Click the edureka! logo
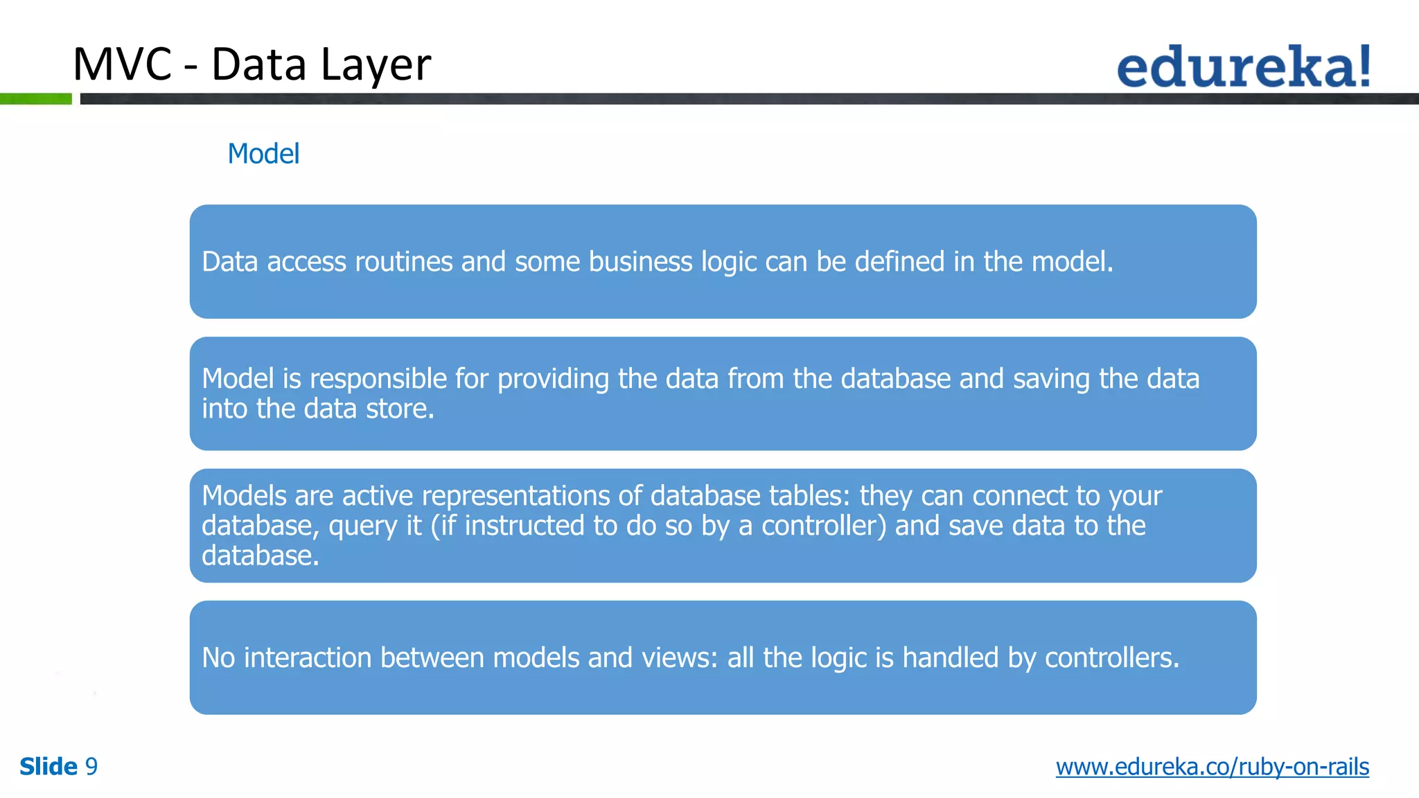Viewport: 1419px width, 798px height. pyautogui.click(x=1243, y=66)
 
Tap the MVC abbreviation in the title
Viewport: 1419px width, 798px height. pyautogui.click(x=122, y=64)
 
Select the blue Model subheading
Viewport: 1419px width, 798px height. pyautogui.click(x=263, y=154)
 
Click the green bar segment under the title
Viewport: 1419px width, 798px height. pyautogui.click(x=35, y=99)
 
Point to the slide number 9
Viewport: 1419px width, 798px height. pyautogui.click(x=91, y=767)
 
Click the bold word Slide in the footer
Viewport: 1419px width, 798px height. pyautogui.click(x=49, y=767)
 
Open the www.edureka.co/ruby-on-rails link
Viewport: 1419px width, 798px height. pyautogui.click(x=1212, y=767)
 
